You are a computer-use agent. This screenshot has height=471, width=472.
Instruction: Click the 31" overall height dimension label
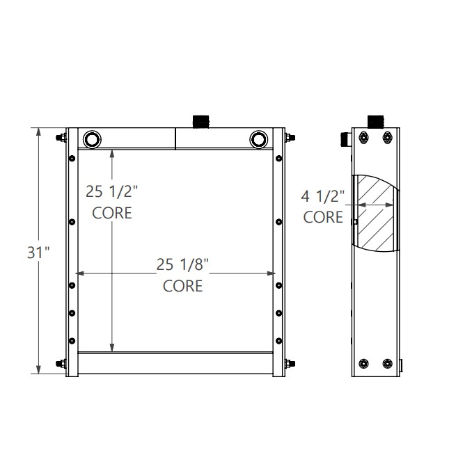tap(38, 253)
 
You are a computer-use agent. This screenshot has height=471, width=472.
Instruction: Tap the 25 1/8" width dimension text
tap(182, 264)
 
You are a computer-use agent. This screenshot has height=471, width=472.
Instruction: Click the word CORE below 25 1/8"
tap(182, 285)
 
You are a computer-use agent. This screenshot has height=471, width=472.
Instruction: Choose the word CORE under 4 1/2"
tap(324, 217)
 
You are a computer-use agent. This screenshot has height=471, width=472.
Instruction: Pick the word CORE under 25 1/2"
tap(112, 213)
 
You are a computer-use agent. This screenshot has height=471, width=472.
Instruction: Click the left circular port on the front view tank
tap(92, 138)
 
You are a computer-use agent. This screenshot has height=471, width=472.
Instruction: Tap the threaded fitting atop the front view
tap(201, 121)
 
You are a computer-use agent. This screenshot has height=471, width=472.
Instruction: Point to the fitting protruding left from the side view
tap(346, 139)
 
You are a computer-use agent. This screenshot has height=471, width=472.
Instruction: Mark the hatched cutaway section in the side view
tap(378, 212)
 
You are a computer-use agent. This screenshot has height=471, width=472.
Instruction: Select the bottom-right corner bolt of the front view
tap(288, 363)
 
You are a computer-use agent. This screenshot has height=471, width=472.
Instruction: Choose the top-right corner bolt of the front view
tap(288, 137)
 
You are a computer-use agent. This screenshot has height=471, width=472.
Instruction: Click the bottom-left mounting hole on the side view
tap(364, 363)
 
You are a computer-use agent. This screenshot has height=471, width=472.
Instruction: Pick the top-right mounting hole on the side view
tap(387, 139)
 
